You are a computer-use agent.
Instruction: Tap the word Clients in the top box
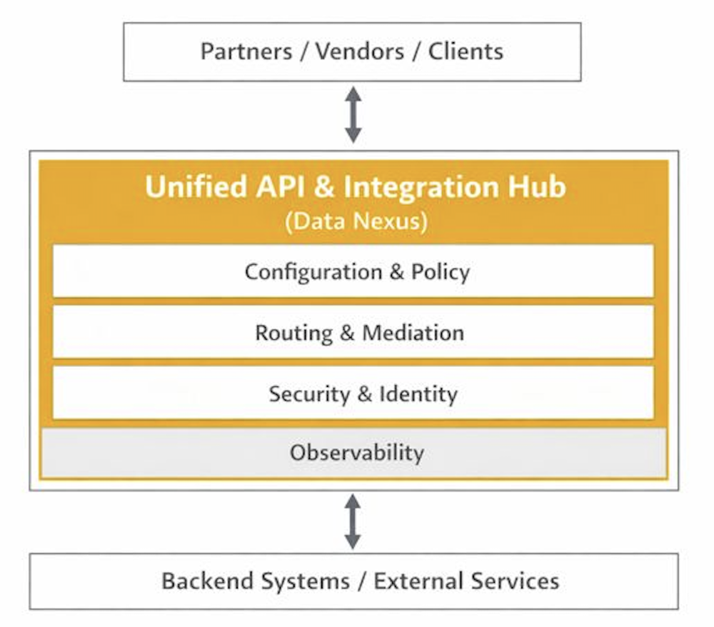[x=466, y=51]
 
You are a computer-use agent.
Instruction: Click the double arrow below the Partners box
[x=353, y=115]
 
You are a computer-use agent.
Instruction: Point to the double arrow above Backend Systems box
[x=353, y=521]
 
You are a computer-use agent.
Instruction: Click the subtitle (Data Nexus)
[x=356, y=222]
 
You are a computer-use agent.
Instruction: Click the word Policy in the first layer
[x=441, y=272]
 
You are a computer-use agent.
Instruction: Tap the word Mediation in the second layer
[x=413, y=333]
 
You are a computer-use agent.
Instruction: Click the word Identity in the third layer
[x=418, y=394]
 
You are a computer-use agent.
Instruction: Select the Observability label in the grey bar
[x=356, y=452]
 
